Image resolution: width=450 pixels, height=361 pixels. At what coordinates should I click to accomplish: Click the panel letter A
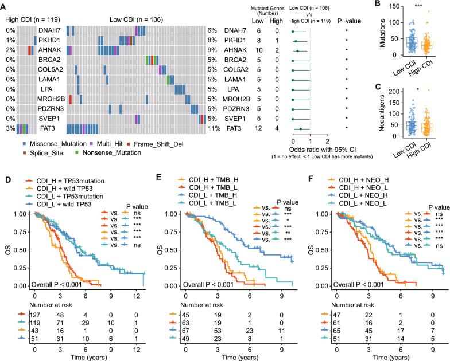4,4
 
